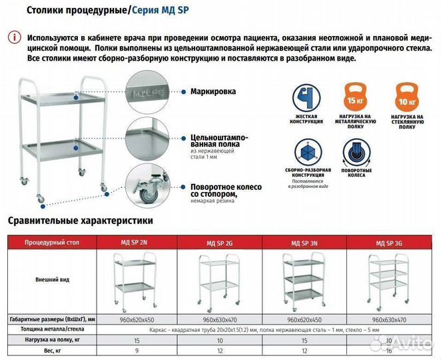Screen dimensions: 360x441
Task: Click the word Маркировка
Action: tap(213, 92)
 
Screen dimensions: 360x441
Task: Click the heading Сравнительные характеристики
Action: tap(81, 220)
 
